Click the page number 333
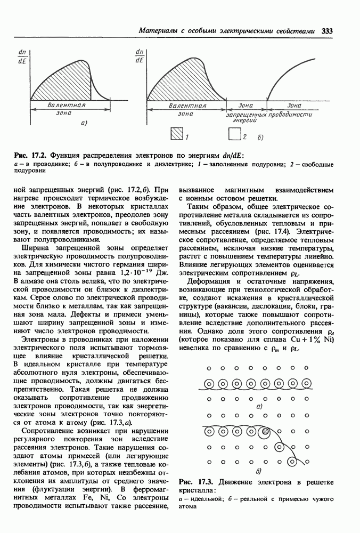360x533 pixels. (327, 31)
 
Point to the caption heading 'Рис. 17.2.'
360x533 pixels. (30, 155)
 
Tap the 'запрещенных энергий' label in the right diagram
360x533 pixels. (246, 118)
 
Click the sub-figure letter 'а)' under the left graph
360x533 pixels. (84, 123)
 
